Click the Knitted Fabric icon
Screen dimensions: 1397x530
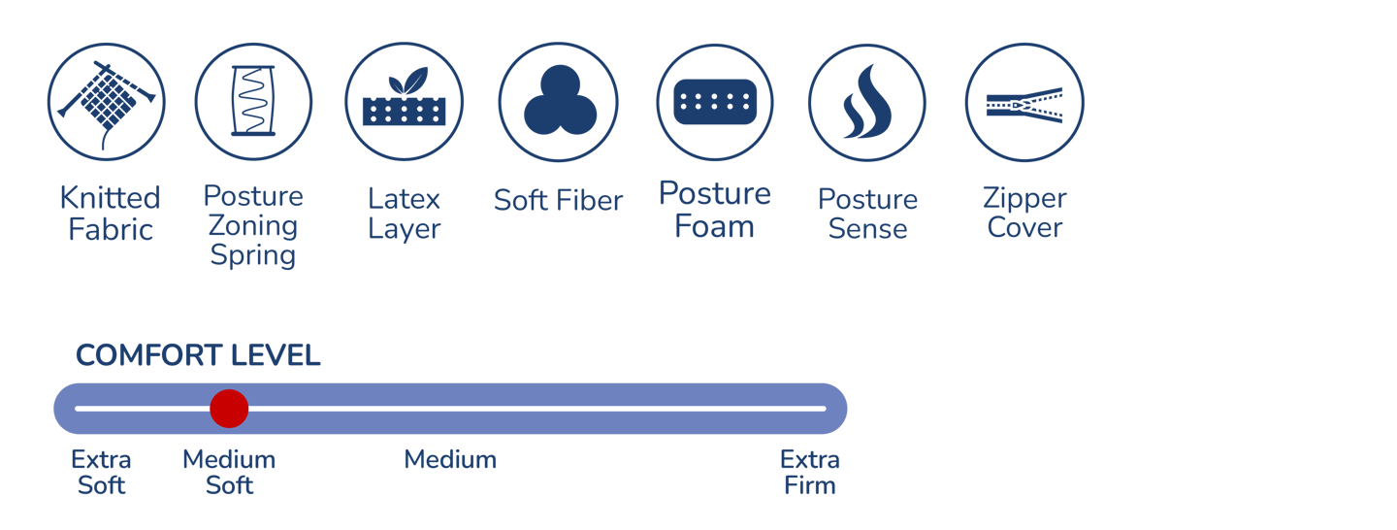[x=107, y=101]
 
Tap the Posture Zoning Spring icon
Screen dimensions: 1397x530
[x=253, y=101]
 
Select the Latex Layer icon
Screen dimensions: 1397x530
[x=404, y=101]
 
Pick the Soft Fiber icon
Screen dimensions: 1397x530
[x=558, y=101]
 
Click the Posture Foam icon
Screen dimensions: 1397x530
[x=715, y=101]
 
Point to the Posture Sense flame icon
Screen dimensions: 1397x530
[x=866, y=101]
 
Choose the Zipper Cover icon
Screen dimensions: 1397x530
[x=1024, y=101]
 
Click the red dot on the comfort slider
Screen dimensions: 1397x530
[x=229, y=409]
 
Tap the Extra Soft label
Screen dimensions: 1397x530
[x=101, y=472]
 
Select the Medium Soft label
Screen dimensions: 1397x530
[x=229, y=472]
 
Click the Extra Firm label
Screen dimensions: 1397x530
[x=809, y=472]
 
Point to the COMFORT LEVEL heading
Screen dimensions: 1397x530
[x=198, y=356]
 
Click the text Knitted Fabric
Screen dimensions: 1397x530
[x=110, y=214]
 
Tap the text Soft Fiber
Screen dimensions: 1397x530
[x=558, y=201]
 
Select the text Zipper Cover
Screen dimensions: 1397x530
[x=1024, y=214]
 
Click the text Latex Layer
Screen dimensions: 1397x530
[x=404, y=214]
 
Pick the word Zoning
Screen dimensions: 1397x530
[x=253, y=226]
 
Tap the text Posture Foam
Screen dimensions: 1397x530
[x=715, y=210]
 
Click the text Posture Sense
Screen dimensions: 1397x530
[x=867, y=214]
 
